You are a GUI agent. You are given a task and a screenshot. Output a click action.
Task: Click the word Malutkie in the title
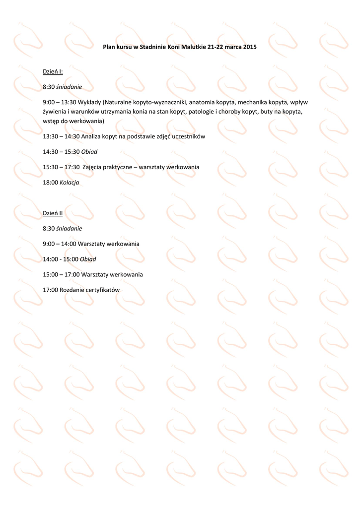[195, 48]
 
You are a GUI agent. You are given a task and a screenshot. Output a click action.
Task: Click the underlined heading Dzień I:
[53, 72]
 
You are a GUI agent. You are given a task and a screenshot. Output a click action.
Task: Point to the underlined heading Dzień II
[53, 213]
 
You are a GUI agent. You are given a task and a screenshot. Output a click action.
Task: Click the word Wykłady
[89, 102]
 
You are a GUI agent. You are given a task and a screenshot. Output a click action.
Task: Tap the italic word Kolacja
[70, 183]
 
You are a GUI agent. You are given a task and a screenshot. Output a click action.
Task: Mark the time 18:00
[50, 183]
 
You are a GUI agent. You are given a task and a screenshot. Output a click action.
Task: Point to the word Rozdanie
[71, 290]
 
